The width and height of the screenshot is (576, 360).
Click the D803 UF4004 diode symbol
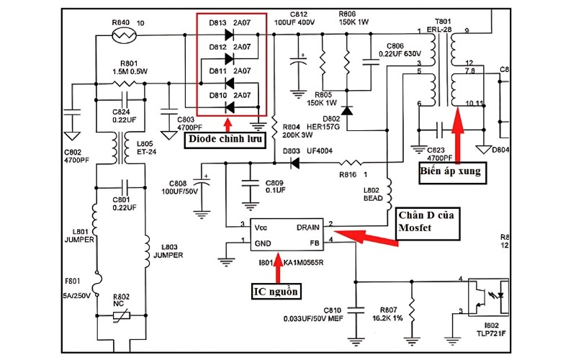tap(294, 163)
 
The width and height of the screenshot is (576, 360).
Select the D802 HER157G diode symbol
tap(347, 110)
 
